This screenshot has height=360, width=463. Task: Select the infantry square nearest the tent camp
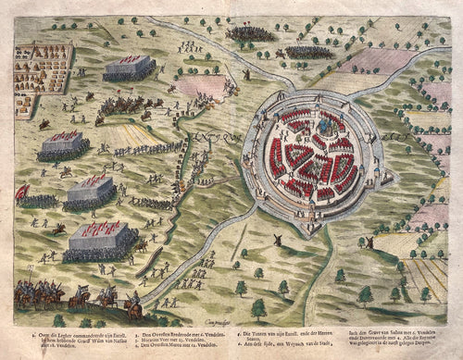[129, 68]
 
